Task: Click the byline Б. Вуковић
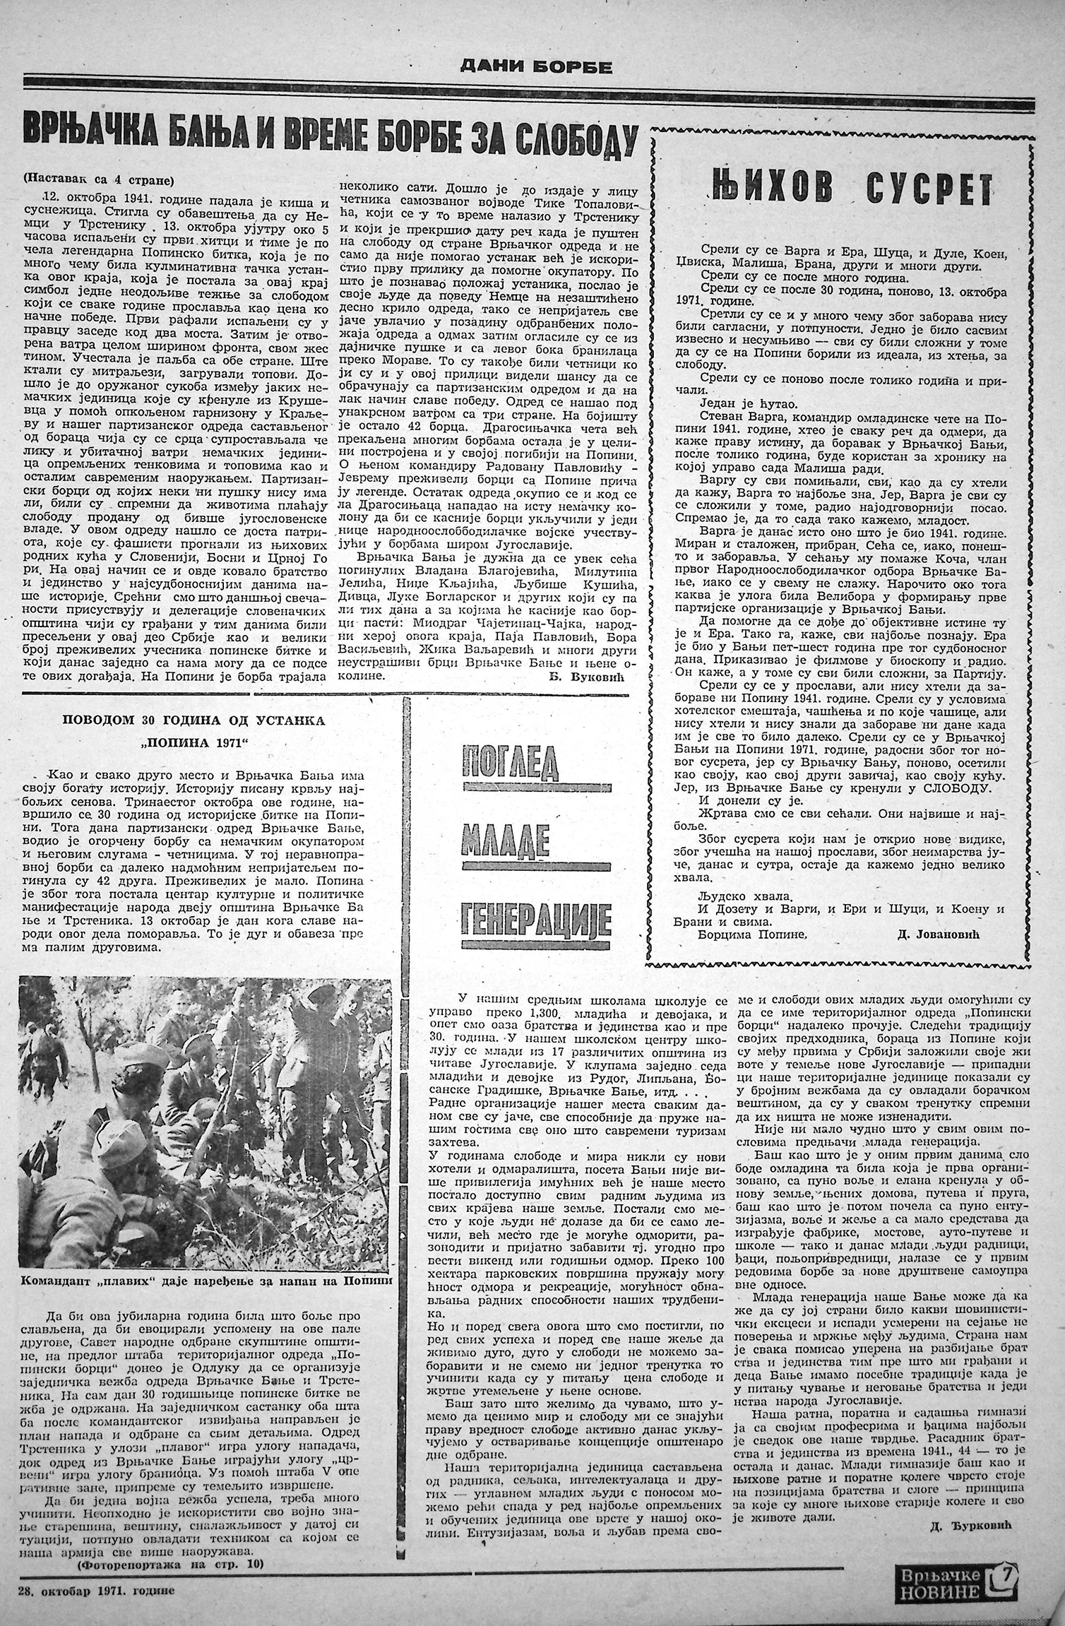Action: (593, 677)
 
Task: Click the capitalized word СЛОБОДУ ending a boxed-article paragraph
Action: (954, 788)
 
